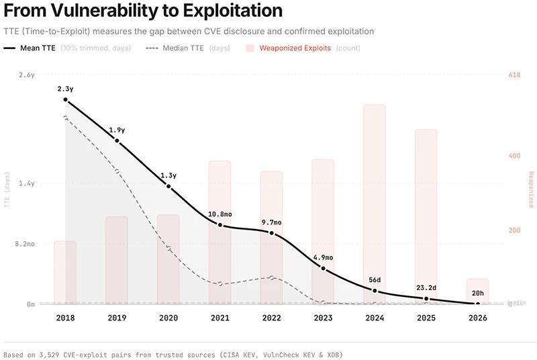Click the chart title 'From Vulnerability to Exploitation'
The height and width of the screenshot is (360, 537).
tap(142, 11)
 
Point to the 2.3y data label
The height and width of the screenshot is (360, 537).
tap(65, 89)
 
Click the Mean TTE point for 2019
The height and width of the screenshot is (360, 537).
tap(117, 141)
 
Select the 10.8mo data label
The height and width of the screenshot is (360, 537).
tap(219, 214)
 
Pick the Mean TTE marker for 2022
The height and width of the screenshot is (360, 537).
tap(271, 233)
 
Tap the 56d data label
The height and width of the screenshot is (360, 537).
tap(375, 280)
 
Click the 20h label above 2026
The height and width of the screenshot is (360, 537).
tap(477, 293)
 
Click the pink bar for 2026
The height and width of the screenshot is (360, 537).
tap(477, 290)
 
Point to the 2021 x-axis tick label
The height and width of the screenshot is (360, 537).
tap(219, 318)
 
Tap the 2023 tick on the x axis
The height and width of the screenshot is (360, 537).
tap(323, 318)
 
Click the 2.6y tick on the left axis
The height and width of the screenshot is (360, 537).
tap(26, 75)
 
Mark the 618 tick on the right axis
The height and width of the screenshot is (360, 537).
tap(514, 75)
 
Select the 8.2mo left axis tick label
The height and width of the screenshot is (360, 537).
tap(25, 244)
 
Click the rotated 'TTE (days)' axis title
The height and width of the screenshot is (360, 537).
tap(7, 190)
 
